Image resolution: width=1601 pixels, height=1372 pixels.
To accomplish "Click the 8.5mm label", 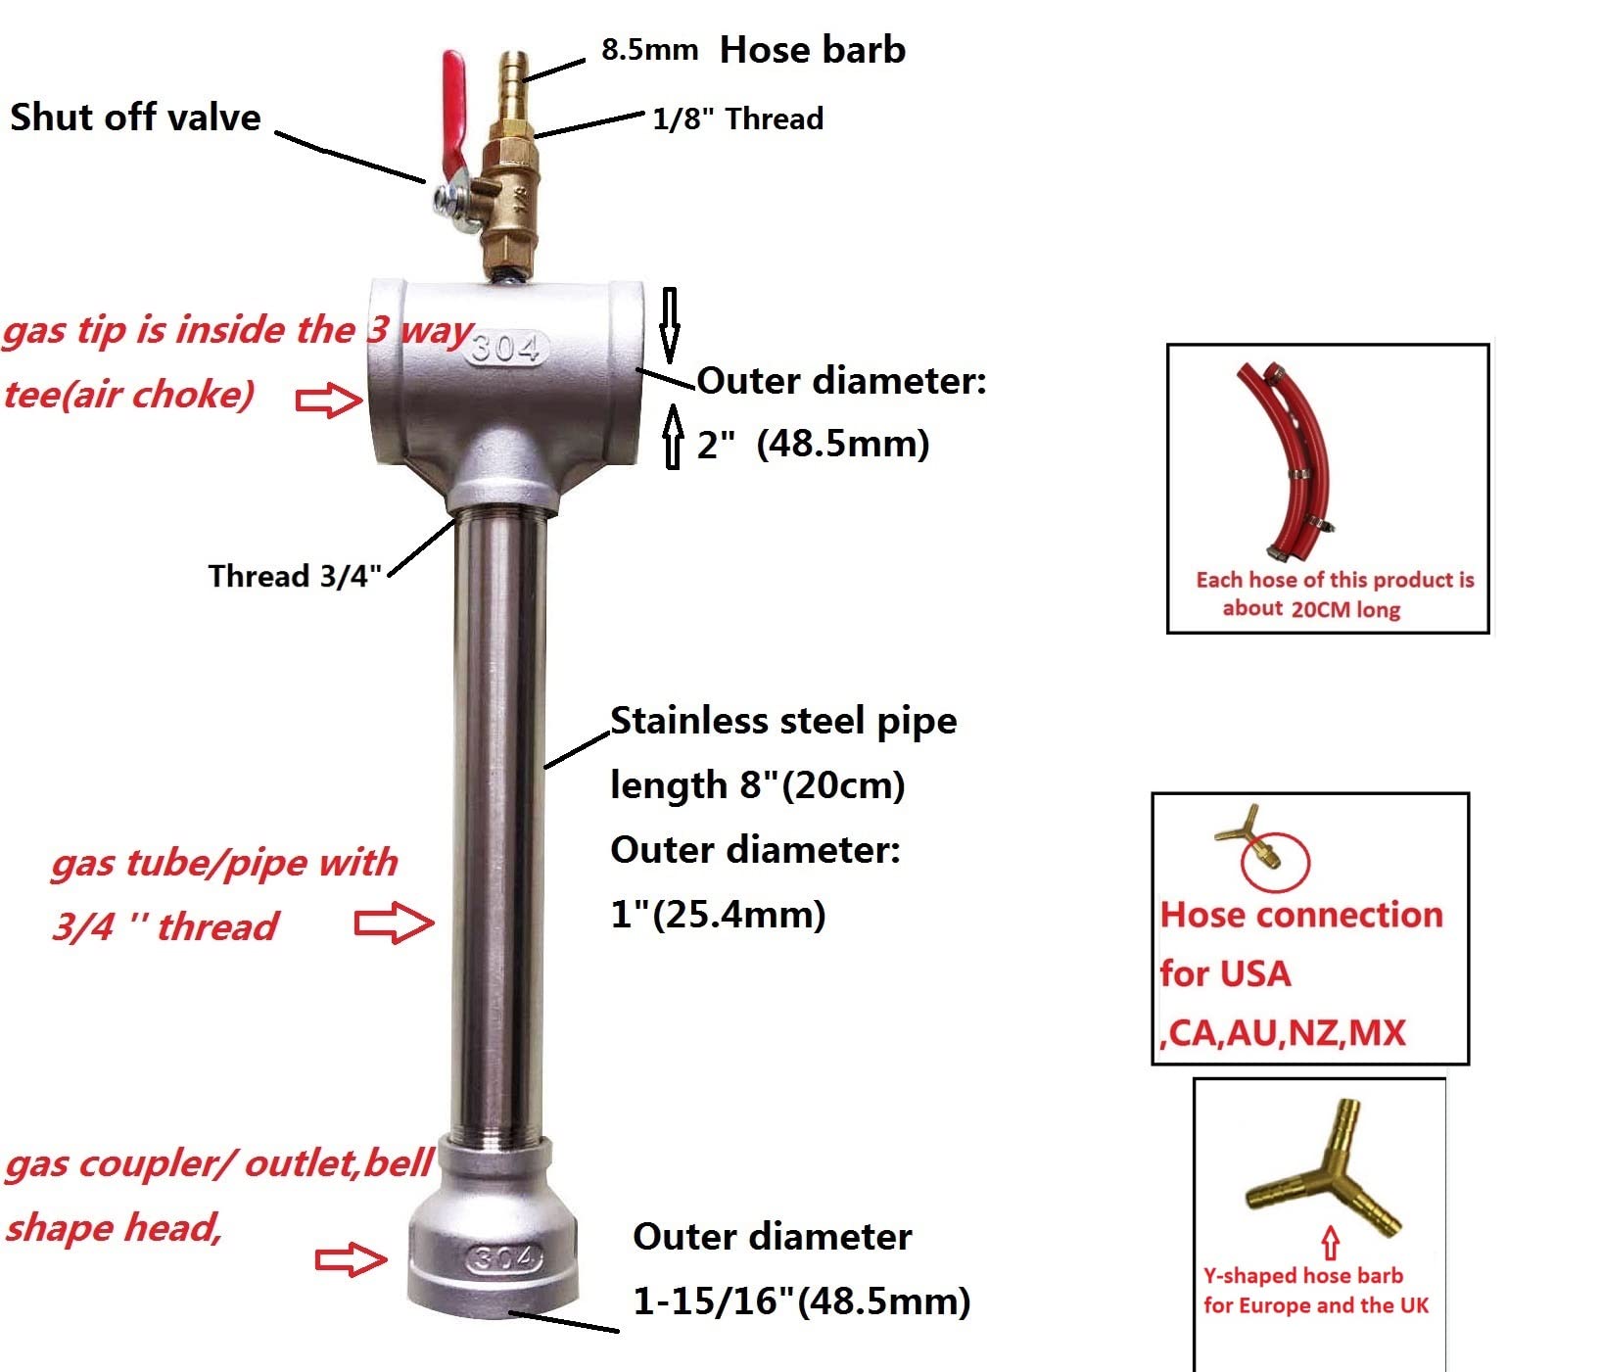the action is (649, 50).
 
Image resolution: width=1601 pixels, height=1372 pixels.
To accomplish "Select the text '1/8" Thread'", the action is (737, 119).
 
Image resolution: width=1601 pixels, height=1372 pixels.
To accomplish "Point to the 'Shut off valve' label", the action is (135, 118).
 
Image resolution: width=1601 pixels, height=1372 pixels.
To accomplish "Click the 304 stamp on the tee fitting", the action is (505, 348).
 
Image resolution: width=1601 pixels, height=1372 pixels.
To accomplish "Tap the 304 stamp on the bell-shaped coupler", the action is (504, 1257).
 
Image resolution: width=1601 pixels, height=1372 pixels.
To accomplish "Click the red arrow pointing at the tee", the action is (329, 400).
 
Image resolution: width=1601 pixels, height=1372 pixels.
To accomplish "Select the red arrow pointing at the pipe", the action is (394, 923).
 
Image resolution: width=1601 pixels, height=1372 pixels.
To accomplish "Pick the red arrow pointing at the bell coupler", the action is (351, 1259).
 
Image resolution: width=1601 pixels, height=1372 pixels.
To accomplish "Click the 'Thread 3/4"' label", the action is (294, 576).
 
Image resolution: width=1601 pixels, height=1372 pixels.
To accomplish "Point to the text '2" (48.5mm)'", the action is (813, 444).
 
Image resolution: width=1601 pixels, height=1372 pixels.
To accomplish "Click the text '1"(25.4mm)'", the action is (718, 915).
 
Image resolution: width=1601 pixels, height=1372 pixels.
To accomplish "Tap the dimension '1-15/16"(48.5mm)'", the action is (801, 1301).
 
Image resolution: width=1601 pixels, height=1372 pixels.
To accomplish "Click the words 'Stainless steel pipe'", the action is (783, 721).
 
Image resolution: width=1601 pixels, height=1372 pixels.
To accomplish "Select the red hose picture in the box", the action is (1293, 460).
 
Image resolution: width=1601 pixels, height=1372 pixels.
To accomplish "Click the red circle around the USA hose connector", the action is (1275, 860).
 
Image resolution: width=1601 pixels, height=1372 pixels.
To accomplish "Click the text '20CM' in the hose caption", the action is (1320, 609).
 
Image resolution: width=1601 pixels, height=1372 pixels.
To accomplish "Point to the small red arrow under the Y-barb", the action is (1330, 1243).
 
